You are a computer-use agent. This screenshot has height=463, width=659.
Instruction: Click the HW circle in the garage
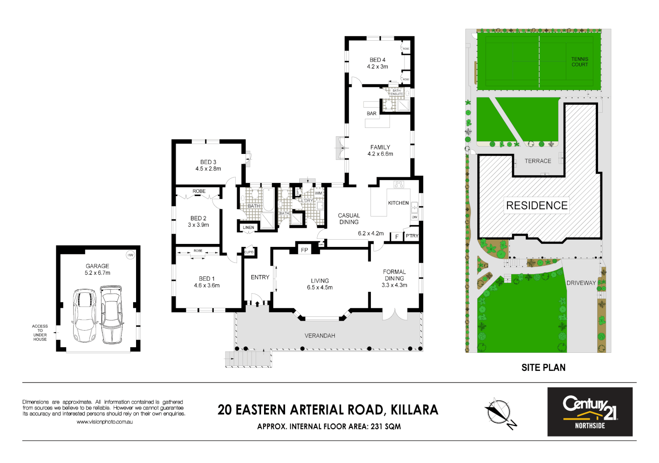tap(130, 255)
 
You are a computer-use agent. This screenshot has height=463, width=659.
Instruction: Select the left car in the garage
tap(84, 316)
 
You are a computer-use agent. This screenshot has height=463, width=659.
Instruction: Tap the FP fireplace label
tap(304, 250)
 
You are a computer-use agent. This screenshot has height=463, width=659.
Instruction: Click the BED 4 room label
tap(377, 60)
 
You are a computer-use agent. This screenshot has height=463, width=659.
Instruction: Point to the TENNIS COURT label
tap(580, 62)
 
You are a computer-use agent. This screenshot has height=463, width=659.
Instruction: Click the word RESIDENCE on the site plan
tap(537, 205)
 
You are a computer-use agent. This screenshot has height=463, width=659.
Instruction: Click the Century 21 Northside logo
tap(589, 412)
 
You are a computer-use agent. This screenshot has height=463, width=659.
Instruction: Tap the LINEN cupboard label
tap(248, 228)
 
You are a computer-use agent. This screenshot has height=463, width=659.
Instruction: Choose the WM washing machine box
tap(319, 193)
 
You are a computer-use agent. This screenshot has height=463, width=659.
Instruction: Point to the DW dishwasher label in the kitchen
tap(414, 217)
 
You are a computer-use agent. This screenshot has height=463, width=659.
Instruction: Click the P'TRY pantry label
tap(412, 236)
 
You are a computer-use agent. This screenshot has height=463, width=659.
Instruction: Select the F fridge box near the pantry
tap(397, 237)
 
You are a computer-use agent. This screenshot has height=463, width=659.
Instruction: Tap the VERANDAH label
tap(320, 336)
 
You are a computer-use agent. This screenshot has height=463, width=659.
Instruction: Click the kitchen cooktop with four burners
tap(399, 184)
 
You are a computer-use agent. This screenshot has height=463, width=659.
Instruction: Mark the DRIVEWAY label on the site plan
tap(581, 283)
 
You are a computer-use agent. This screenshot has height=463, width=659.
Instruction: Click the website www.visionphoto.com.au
tap(104, 422)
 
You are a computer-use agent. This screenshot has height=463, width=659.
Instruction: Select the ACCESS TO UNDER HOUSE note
tap(40, 333)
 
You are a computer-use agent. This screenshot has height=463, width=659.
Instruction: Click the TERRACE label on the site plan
tap(538, 161)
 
